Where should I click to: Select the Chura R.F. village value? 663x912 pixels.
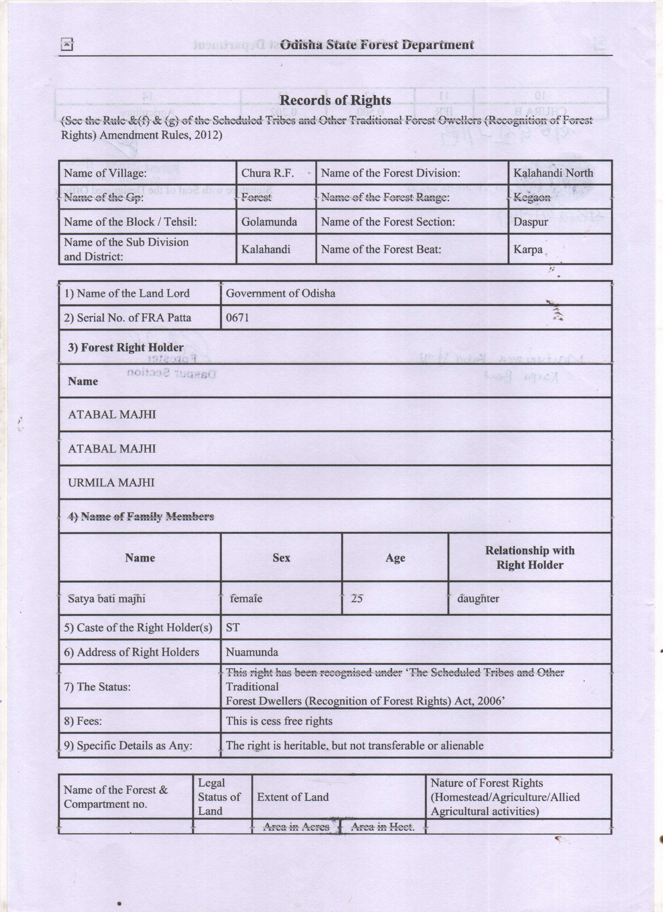267,173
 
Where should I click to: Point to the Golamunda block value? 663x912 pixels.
269,222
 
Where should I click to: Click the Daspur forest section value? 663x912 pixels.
530,222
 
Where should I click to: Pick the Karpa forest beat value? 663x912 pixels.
528,250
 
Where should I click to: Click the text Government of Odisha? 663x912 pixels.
280,293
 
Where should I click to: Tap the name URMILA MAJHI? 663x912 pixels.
111,483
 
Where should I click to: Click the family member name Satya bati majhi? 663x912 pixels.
106,599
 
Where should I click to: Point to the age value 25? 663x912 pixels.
356,599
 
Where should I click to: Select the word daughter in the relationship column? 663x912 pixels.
478,599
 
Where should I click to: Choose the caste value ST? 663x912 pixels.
232,628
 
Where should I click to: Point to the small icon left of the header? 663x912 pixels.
66,45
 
